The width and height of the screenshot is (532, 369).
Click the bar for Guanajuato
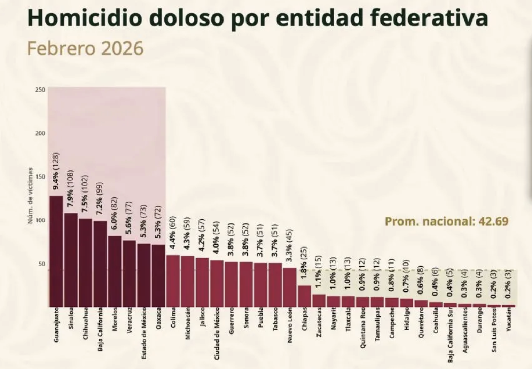[x=56, y=251]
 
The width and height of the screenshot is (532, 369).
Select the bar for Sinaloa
[x=71, y=260]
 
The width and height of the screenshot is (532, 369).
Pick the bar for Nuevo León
[x=290, y=287]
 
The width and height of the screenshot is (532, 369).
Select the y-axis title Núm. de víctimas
[x=30, y=196]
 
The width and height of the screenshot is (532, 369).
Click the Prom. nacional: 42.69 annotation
[x=446, y=221]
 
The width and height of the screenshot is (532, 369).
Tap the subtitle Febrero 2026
[x=85, y=48]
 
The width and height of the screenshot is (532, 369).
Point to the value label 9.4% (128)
[x=56, y=172]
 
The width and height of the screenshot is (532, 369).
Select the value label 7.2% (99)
[x=100, y=198]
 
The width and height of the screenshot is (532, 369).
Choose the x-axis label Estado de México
[x=144, y=333]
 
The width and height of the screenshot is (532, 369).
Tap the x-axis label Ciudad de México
[x=217, y=333]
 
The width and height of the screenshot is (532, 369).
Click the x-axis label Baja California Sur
[x=450, y=335]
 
